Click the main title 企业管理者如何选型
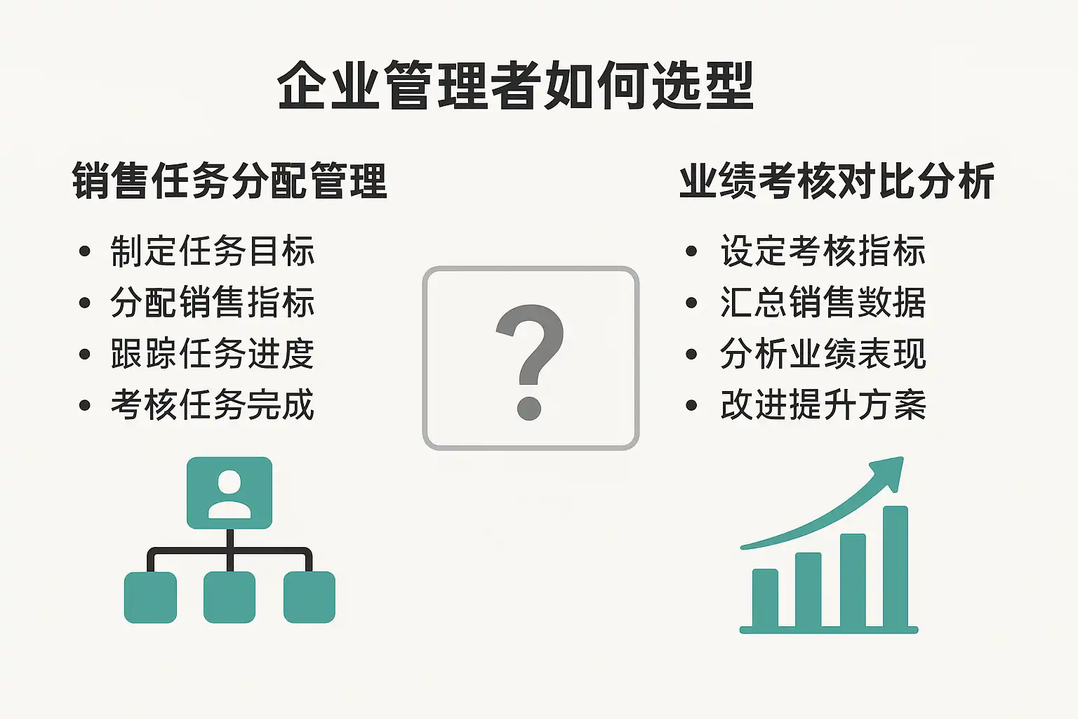pyautogui.click(x=515, y=85)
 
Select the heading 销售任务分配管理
pyautogui.click(x=229, y=180)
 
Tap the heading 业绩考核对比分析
pyautogui.click(x=837, y=180)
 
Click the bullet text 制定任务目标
pyautogui.click(x=212, y=251)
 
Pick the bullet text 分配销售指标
pyautogui.click(x=212, y=302)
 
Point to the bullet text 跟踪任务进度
pyautogui.click(x=212, y=353)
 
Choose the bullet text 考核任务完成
pyautogui.click(x=212, y=404)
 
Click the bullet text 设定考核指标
pyautogui.click(x=823, y=251)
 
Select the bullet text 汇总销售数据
pyautogui.click(x=823, y=302)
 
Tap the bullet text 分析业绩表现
pyautogui.click(x=823, y=353)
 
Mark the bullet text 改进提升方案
pyautogui.click(x=823, y=404)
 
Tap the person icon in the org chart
pyautogui.click(x=229, y=494)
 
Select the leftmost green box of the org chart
pyautogui.click(x=150, y=597)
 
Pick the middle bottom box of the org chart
pyautogui.click(x=229, y=597)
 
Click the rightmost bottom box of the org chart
pyautogui.click(x=309, y=597)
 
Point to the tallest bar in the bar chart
pyautogui.click(x=896, y=567)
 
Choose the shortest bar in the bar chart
pyautogui.click(x=765, y=598)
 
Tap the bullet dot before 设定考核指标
pyautogui.click(x=691, y=251)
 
